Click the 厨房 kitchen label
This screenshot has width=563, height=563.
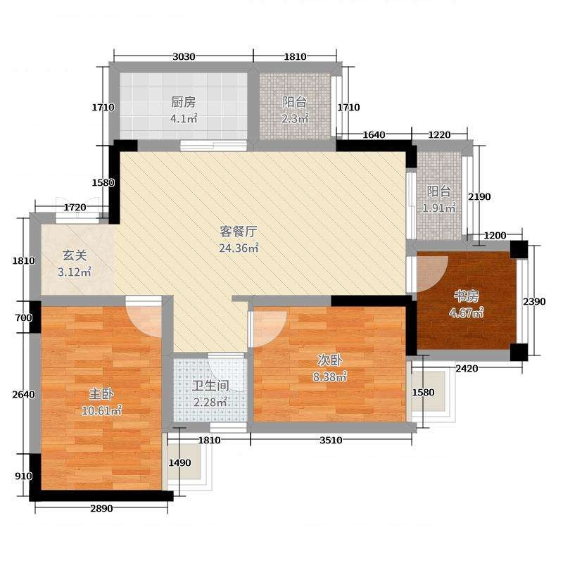pos(184,102)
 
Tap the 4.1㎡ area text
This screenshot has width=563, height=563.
pos(184,118)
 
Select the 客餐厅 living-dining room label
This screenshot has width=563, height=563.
pos(239,232)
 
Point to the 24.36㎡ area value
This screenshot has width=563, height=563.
pos(239,248)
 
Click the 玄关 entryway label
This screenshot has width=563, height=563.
pos(75,255)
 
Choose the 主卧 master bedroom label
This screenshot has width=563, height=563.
pos(101,394)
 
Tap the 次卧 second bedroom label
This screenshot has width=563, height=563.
pos(329,360)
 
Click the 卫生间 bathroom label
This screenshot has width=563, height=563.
pos(210,386)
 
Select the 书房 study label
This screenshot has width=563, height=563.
pos(467,296)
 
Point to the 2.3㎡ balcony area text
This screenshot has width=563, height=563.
pos(295,118)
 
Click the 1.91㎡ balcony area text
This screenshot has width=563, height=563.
pos(438,208)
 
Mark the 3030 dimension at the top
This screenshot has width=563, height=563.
pos(184,56)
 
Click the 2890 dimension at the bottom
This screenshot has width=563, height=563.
pos(101,508)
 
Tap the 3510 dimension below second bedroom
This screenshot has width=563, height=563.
pos(331,441)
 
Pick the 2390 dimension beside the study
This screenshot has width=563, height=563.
pos(534,302)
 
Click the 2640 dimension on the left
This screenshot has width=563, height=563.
pos(24,395)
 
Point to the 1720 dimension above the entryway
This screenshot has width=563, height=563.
pos(75,207)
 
